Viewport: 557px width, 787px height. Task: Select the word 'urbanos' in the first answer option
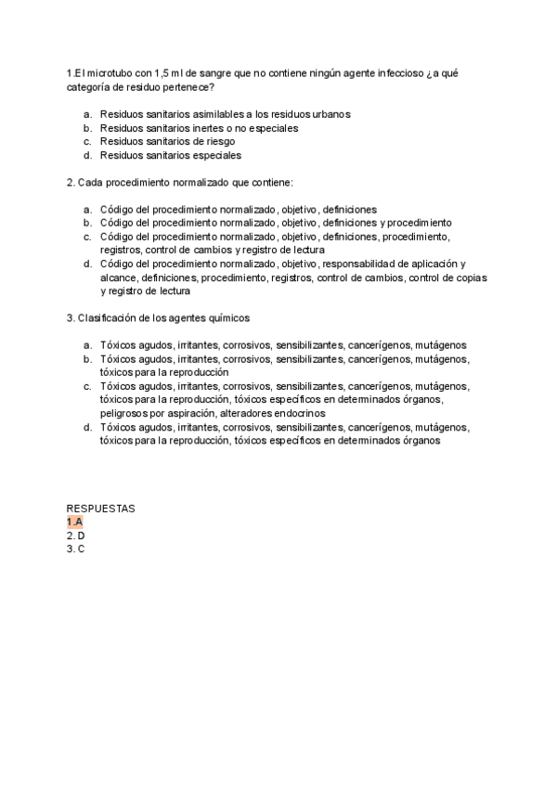(331, 114)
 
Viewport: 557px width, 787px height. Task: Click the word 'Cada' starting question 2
(89, 182)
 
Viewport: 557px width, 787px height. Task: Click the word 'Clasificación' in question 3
(107, 317)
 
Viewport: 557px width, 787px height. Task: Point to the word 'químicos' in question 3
(230, 317)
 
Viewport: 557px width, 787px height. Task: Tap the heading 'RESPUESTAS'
(101, 509)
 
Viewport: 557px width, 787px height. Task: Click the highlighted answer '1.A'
(74, 523)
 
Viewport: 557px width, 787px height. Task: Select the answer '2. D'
(76, 535)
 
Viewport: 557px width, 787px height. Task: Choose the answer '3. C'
(76, 549)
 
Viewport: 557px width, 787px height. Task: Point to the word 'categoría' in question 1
(90, 87)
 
